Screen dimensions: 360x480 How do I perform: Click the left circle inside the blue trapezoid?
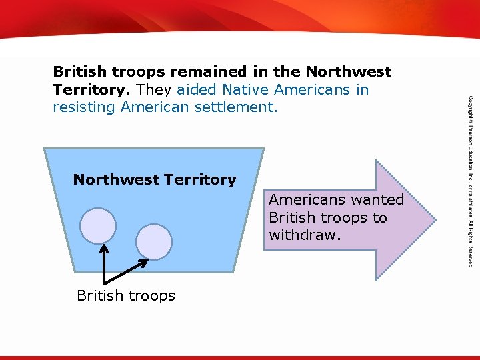pos(98,225)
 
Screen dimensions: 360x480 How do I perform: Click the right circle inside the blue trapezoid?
pos(155,241)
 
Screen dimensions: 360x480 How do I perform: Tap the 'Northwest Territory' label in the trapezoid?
pos(155,179)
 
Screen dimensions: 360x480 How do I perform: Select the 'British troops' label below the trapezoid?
pos(126,295)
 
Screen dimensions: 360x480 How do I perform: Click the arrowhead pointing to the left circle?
pos(104,248)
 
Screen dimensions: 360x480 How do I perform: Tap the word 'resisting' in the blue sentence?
pos(85,107)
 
